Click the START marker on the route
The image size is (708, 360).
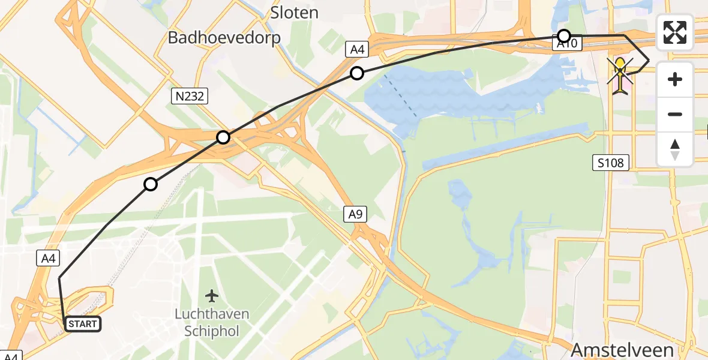tap(82, 324)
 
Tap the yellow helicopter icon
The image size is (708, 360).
tap(620, 75)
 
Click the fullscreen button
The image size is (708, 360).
tap(675, 32)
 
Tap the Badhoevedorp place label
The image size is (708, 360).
tap(224, 38)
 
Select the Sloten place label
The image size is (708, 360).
tap(294, 11)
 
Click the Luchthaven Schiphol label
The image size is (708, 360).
tap(211, 322)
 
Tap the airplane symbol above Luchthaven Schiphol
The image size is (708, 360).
tap(211, 296)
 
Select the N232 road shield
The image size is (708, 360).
tap(189, 96)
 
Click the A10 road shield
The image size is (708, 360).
tap(567, 43)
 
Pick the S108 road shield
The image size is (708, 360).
tap(611, 162)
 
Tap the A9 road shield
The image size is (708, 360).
tap(355, 214)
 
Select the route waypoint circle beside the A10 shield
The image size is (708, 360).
tap(563, 35)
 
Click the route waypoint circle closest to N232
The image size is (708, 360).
tap(223, 137)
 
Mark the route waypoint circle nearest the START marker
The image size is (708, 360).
tap(151, 184)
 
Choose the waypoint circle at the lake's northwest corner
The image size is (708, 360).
tap(357, 74)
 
